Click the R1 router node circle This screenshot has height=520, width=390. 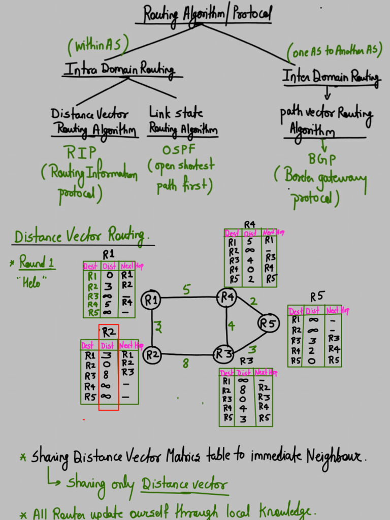tap(151, 300)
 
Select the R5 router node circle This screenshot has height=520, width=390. tap(269, 323)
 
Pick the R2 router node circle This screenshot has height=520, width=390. tap(152, 355)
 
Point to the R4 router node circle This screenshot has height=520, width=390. tap(226, 297)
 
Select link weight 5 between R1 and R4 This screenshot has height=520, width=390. tap(186, 289)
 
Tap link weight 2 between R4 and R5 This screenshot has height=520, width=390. tap(253, 302)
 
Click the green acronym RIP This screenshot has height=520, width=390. tap(81, 152)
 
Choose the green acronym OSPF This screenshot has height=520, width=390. tap(179, 150)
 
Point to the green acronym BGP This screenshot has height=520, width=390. tap(318, 159)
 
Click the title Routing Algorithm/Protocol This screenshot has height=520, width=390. tap(207, 14)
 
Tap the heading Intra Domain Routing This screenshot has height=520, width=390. tap(119, 70)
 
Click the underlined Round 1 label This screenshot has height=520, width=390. tap(37, 263)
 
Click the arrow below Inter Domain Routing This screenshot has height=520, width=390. tap(328, 93)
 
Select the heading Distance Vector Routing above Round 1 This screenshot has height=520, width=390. tap(81, 236)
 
